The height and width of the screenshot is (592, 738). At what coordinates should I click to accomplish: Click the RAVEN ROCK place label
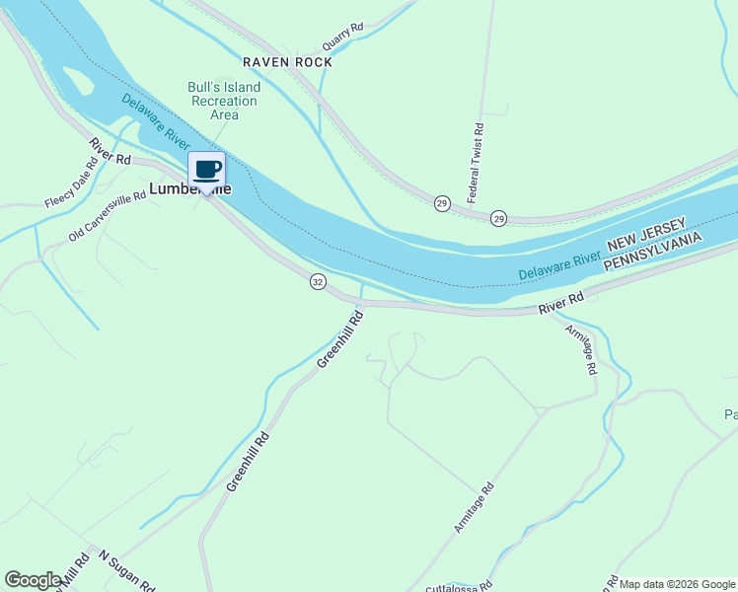(x=287, y=62)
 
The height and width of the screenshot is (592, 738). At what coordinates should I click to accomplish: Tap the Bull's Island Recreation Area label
(x=223, y=101)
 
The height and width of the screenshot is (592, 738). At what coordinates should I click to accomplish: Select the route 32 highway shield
(x=317, y=282)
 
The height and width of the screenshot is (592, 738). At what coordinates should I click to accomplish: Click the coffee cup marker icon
(x=207, y=169)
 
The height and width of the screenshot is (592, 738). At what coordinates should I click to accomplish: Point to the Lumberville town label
(x=187, y=187)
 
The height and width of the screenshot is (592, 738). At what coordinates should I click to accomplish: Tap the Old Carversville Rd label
(x=108, y=216)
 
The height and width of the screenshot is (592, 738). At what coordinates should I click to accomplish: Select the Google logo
(x=33, y=580)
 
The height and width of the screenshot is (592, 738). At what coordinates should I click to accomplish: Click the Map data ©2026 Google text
(x=678, y=584)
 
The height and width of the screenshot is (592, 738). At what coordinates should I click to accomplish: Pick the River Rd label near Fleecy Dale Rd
(x=110, y=151)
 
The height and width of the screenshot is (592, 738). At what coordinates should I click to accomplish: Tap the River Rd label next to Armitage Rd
(x=561, y=303)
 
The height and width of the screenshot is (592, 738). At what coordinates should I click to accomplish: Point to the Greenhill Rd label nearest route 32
(x=340, y=339)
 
